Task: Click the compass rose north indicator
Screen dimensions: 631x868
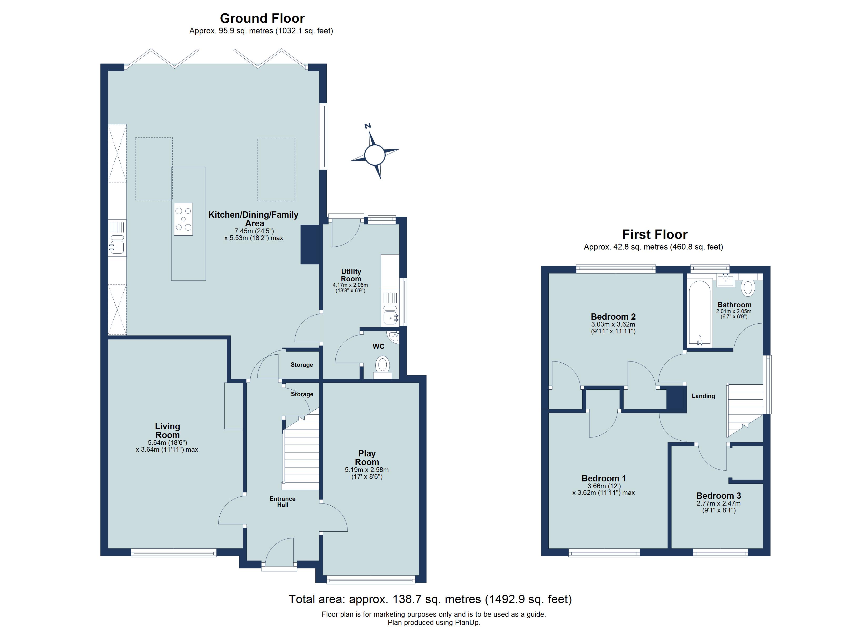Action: click(368, 126)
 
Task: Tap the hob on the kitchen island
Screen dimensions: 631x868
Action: click(183, 219)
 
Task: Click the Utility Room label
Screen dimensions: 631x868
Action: click(351, 275)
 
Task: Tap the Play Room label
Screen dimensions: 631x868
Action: click(367, 458)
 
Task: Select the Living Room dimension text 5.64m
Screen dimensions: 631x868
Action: click(167, 443)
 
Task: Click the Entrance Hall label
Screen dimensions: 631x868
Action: click(282, 502)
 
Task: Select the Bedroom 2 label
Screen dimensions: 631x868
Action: click(613, 317)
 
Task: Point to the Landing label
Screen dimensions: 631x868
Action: click(703, 396)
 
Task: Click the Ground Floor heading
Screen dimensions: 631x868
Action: click(262, 18)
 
